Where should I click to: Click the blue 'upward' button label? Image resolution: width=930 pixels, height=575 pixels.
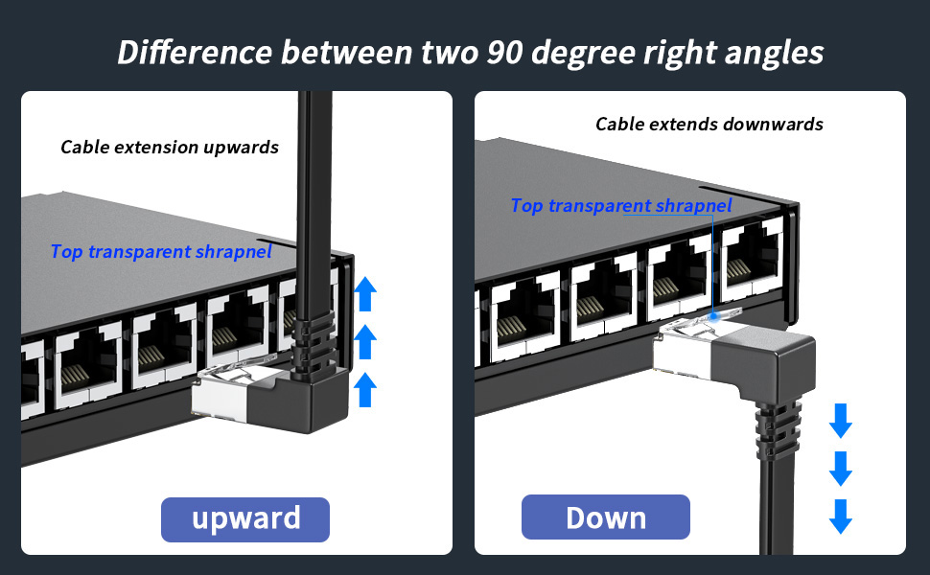pos(245,518)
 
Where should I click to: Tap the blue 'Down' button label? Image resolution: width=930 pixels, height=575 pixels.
pos(605,517)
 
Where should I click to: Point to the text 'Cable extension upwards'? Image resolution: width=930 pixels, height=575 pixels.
pos(170,147)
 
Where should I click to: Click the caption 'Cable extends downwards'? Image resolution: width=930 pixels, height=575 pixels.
pos(709,124)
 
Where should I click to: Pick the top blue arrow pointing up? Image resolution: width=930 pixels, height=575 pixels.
pos(364,294)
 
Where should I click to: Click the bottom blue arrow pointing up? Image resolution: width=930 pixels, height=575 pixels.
pos(364,390)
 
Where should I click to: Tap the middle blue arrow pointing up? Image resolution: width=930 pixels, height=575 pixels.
pos(364,342)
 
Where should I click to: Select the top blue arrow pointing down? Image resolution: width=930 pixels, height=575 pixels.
pos(841,420)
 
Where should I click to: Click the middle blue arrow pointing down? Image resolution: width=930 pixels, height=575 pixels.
pos(841,468)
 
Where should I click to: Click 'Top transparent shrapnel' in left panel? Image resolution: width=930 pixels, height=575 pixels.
pos(161,251)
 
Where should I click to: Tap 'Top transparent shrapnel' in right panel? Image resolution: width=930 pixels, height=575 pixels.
pos(620,205)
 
